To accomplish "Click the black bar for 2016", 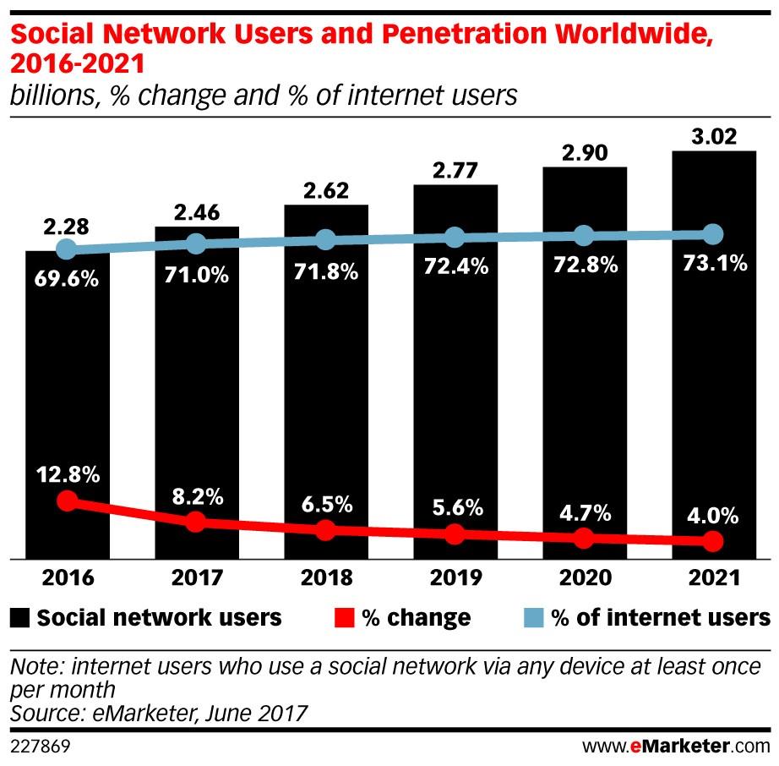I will click(67, 406).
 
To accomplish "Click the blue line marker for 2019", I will click(455, 238).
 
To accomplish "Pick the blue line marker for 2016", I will click(67, 249).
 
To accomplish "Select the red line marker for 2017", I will click(196, 522).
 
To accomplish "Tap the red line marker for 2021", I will click(714, 541).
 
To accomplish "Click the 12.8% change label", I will click(67, 475).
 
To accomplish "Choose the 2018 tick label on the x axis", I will click(326, 579).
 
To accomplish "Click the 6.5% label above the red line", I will click(326, 505).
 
